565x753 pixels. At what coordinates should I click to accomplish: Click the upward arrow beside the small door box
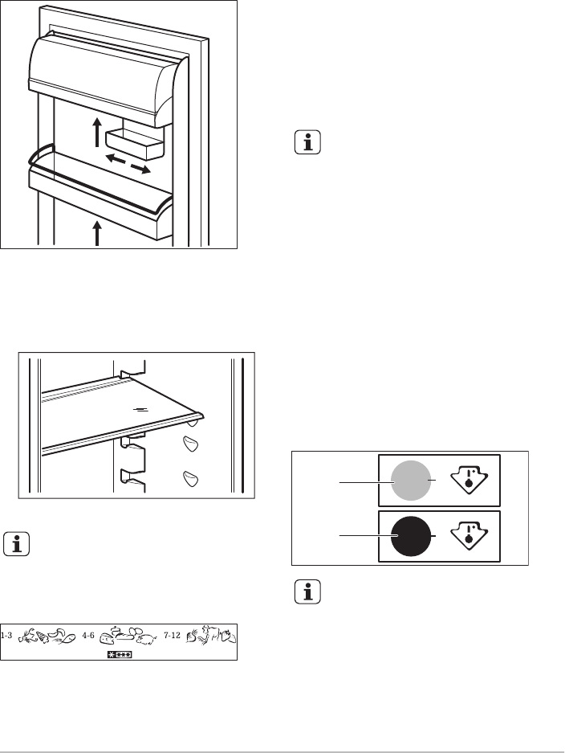point(97,131)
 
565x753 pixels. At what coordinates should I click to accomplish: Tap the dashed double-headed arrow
point(128,163)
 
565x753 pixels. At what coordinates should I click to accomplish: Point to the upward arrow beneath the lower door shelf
point(97,233)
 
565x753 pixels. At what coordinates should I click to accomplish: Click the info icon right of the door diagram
point(307,142)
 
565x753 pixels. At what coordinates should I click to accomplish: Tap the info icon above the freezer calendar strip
point(16,544)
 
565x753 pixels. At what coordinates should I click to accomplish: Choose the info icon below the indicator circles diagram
point(307,591)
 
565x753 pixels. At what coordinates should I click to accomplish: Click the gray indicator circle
point(411,481)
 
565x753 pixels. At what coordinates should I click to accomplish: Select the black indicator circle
point(411,536)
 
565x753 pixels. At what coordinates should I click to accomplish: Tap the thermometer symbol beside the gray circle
point(469,479)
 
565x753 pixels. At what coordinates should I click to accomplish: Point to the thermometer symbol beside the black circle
point(469,535)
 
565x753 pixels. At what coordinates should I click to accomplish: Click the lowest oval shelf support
point(191,479)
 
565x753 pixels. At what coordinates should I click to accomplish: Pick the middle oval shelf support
point(191,444)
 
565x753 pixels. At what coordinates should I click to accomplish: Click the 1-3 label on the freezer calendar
point(6,636)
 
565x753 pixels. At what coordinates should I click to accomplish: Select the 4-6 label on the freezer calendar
point(88,636)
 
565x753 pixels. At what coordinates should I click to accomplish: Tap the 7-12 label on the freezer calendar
point(173,636)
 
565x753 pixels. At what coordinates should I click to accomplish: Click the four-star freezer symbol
point(120,654)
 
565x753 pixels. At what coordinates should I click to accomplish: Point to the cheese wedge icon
point(106,639)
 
